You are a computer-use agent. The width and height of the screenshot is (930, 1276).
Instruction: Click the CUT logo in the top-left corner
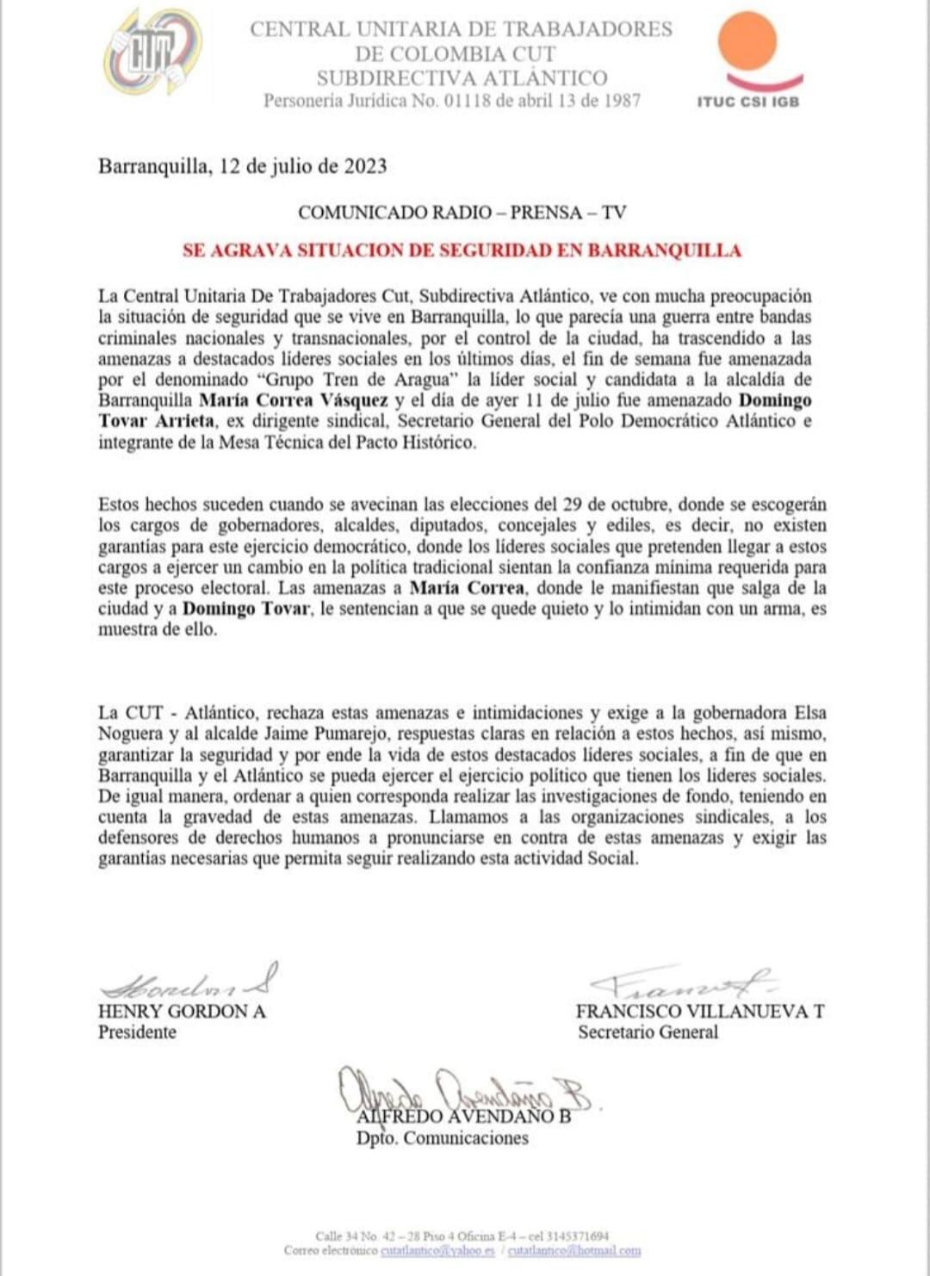pos(152,53)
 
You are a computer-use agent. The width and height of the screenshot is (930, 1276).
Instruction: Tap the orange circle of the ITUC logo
pos(747,40)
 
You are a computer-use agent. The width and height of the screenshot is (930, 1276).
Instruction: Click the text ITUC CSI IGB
pos(747,102)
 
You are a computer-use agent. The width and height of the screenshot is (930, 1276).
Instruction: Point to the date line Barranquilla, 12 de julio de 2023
pos(242,165)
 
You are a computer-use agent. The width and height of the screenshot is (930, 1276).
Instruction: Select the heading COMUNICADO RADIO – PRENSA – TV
pos(462,212)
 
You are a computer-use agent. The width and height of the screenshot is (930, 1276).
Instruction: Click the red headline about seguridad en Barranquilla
pos(462,251)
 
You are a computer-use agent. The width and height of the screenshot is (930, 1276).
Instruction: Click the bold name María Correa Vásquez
pos(294,400)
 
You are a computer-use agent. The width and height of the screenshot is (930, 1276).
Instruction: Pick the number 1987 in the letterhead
pos(619,100)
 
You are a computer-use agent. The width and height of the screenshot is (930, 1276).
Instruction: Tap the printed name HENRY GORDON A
pos(182,1012)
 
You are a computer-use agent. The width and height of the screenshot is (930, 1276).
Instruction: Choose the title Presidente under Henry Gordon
pos(137,1032)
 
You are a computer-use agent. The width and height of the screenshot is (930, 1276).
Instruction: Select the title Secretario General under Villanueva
pos(648,1032)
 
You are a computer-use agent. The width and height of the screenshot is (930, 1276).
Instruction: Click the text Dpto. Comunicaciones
pos(443,1138)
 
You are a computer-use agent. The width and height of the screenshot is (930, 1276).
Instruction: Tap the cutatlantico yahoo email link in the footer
pos(437,1250)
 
